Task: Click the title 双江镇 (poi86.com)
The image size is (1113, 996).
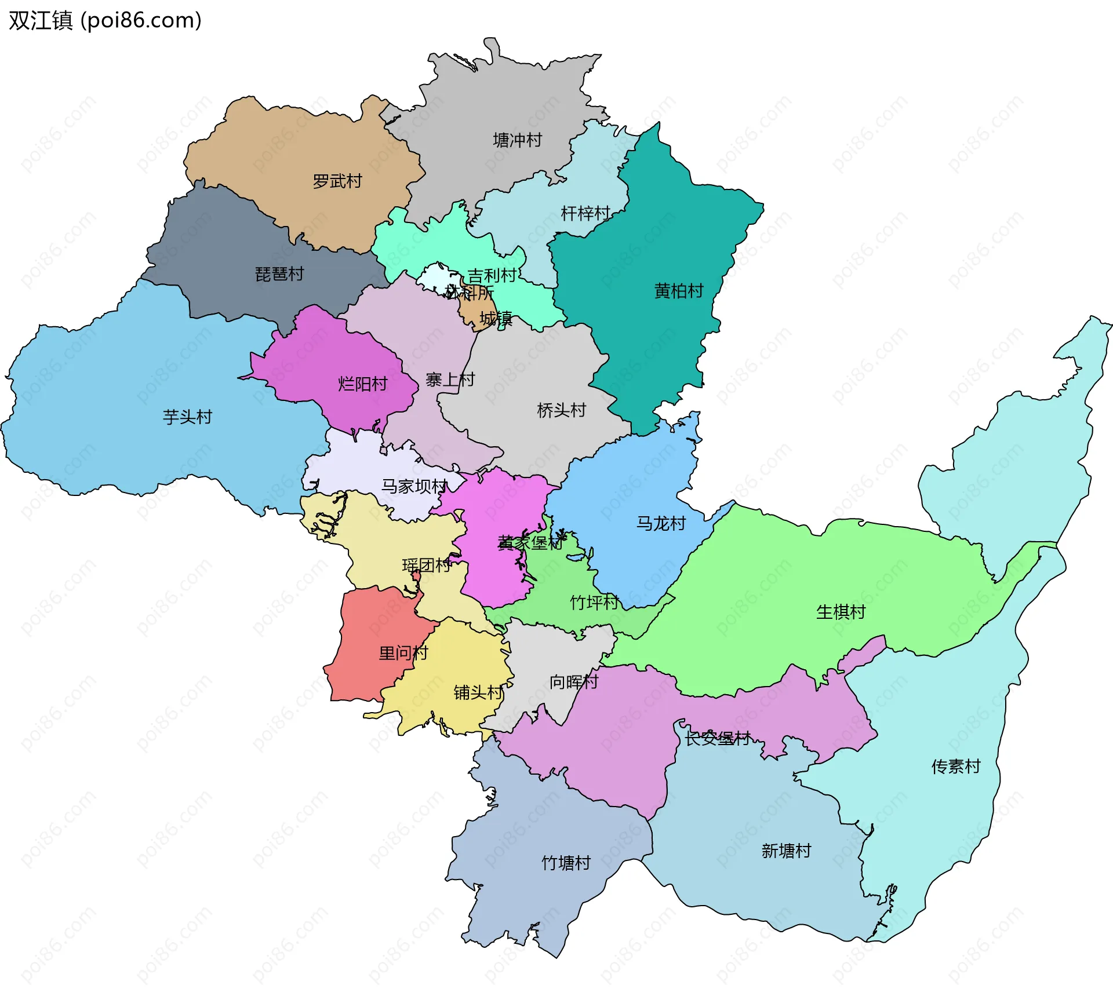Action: pos(105,20)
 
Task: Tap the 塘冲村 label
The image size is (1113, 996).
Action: pos(517,140)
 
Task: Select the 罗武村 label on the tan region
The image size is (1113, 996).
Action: pos(337,181)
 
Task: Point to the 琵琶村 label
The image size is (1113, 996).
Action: pos(279,274)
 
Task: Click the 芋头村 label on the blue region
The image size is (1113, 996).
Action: pos(187,417)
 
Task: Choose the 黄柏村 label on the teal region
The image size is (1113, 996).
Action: pos(679,291)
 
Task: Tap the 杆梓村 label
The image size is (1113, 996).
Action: pos(585,214)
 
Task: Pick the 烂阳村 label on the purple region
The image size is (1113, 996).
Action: pos(362,384)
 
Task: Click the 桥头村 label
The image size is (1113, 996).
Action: pos(561,411)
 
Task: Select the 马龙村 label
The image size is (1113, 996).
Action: pos(661,524)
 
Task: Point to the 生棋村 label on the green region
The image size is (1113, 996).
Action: pos(841,612)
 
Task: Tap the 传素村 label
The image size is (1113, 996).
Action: pos(956,767)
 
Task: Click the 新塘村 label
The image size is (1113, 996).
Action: pos(786,851)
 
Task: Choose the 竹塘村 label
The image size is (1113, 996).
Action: pos(566,863)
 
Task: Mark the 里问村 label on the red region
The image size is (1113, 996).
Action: pos(403,654)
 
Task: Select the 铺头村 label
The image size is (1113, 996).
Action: pos(478,692)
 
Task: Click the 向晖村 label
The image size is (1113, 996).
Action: pos(574,682)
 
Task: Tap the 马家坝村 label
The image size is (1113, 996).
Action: pos(414,486)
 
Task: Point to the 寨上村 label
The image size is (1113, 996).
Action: pos(450,380)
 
